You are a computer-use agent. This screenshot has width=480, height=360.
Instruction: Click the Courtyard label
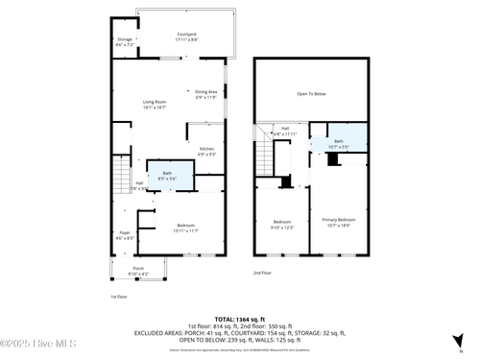pos(186,36)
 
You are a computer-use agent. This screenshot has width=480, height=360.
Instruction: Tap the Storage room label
pos(125,42)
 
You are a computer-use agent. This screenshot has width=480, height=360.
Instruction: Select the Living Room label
pos(155,104)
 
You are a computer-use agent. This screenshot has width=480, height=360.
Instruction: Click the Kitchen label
pos(206,151)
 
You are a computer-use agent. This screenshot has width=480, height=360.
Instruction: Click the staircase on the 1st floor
pos(121,176)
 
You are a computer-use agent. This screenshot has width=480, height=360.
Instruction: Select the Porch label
pos(138,271)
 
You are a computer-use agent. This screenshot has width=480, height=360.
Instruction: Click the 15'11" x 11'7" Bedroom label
pos(185,228)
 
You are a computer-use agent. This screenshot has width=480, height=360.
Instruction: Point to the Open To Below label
pos(311,94)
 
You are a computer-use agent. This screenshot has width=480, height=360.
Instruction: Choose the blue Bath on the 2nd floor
pos(339,142)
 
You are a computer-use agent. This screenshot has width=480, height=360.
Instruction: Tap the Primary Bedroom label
pos(339,224)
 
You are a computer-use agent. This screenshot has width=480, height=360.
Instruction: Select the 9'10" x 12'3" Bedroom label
pos(281,225)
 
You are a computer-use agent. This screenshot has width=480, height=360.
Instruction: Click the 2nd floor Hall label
pos(285,131)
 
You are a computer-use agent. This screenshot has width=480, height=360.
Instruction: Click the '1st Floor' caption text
pos(118,298)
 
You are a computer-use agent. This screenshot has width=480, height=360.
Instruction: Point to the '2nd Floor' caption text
pos(262,274)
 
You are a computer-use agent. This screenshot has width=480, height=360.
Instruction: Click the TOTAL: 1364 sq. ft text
pos(239,318)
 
